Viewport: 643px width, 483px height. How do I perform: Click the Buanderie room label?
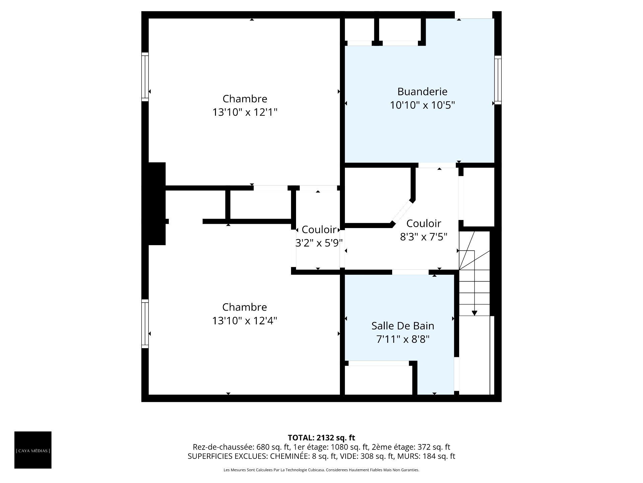point(422,92)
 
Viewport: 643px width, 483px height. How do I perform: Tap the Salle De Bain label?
point(403,326)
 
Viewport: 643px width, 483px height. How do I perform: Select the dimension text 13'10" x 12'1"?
point(245,112)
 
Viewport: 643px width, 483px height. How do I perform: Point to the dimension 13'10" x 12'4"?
point(244,321)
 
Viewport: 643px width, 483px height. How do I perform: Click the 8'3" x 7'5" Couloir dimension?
point(424,237)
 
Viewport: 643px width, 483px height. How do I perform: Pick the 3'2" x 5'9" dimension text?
point(319,243)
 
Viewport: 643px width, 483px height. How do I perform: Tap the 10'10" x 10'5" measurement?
point(422,105)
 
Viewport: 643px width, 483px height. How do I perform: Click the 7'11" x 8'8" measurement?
point(403,339)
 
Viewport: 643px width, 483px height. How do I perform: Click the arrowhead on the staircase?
point(474,313)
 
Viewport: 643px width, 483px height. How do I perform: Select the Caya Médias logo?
point(33,450)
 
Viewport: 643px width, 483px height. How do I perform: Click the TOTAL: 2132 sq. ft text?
point(321,438)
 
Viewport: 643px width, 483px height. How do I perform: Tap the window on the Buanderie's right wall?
point(498,80)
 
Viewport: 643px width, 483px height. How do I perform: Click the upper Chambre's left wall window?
point(145,77)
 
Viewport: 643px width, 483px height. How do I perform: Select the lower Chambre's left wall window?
point(145,324)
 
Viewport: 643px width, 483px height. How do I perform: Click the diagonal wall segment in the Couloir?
point(402,213)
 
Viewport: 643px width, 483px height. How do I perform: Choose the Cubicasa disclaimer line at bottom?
point(321,470)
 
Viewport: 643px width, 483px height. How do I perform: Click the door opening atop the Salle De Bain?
point(410,272)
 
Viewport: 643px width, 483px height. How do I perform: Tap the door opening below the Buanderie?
point(437,165)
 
